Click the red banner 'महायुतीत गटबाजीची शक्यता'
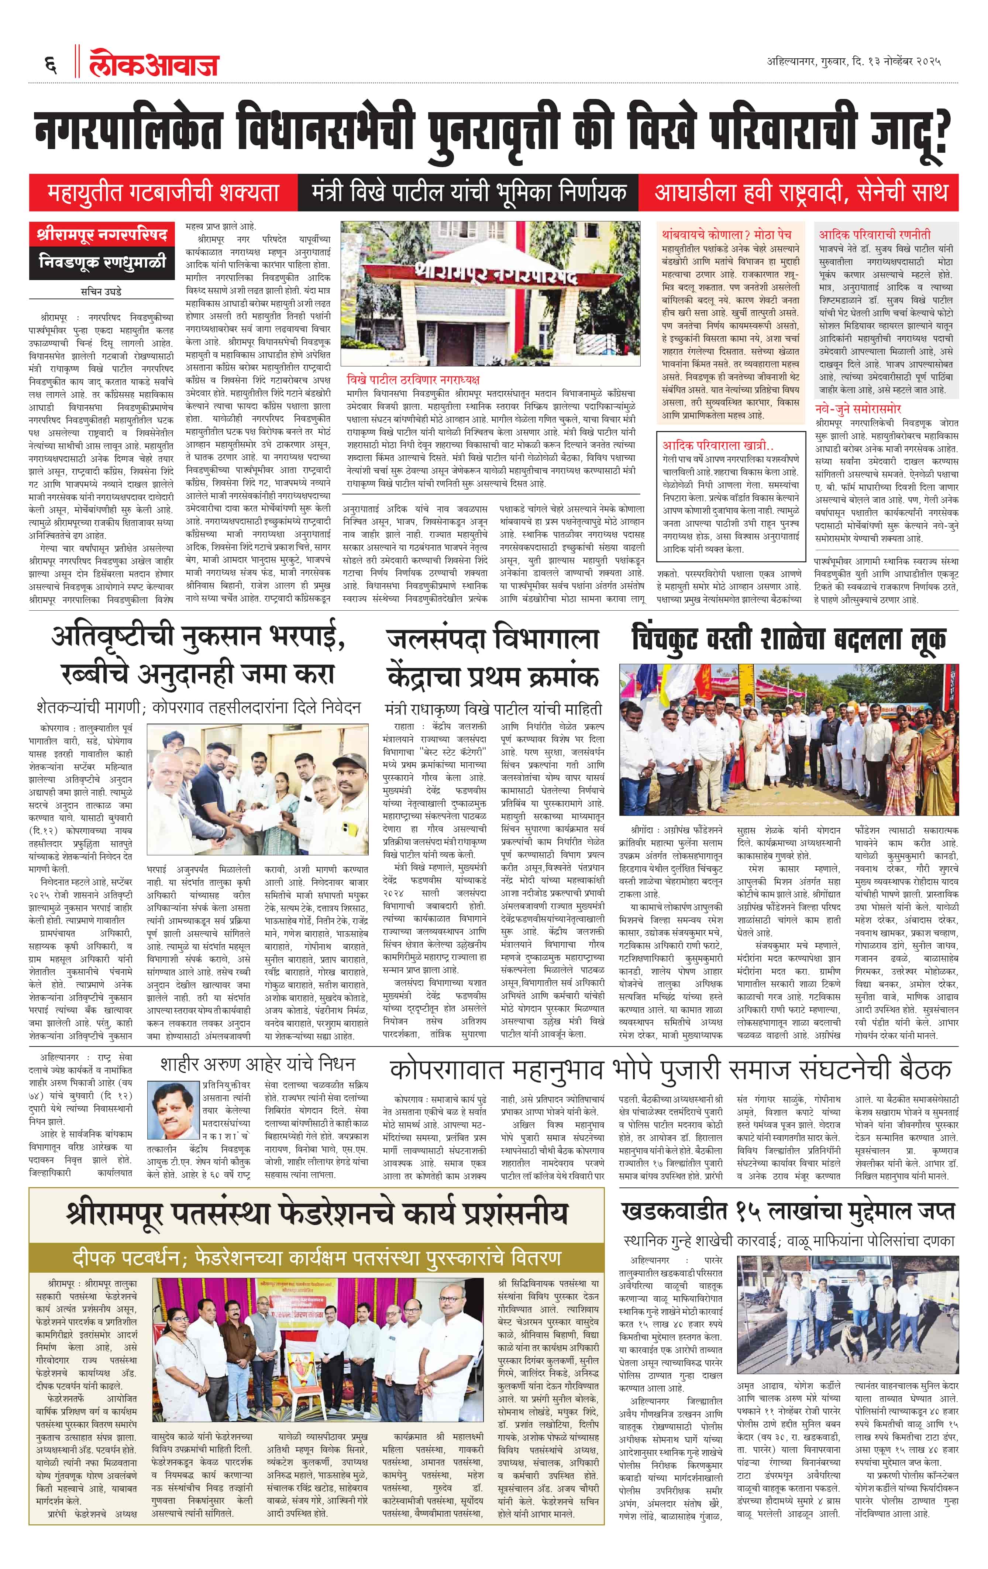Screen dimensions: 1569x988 163,193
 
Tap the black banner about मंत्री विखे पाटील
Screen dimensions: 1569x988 468,193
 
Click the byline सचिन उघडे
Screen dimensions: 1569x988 101,291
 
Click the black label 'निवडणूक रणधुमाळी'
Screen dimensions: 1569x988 102,263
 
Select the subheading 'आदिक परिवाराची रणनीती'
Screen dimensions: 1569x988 875,234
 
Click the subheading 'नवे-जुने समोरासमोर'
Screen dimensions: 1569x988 858,408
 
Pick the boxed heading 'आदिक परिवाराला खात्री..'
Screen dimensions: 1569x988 717,446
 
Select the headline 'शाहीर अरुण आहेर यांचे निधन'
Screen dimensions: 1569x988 258,1064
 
